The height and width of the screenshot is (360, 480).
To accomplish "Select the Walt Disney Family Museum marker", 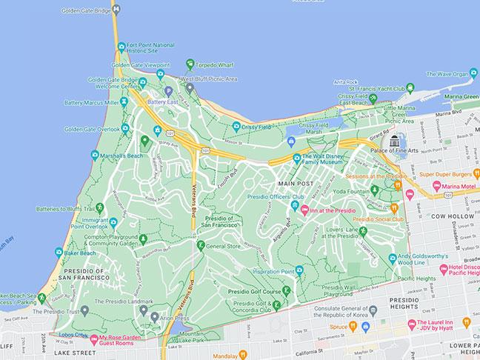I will [x=296, y=157].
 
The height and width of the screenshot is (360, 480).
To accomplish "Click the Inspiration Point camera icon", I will [x=299, y=270].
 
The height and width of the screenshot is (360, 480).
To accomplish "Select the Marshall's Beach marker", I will [x=95, y=155].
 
